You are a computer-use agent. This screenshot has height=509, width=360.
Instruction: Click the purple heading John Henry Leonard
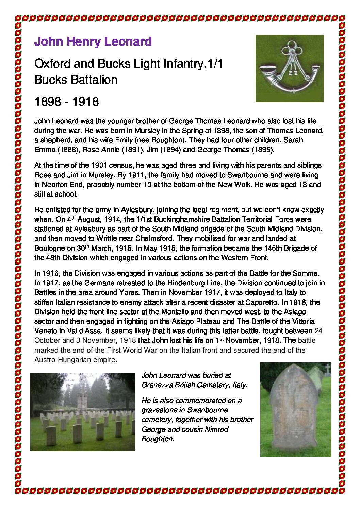click(x=93, y=41)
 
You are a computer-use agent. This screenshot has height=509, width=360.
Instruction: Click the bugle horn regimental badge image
click(x=289, y=68)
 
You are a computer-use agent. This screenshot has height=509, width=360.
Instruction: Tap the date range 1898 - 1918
click(x=67, y=101)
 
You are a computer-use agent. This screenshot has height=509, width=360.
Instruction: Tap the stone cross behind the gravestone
click(x=327, y=369)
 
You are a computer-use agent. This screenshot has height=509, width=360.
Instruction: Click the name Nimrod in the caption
click(x=217, y=429)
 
